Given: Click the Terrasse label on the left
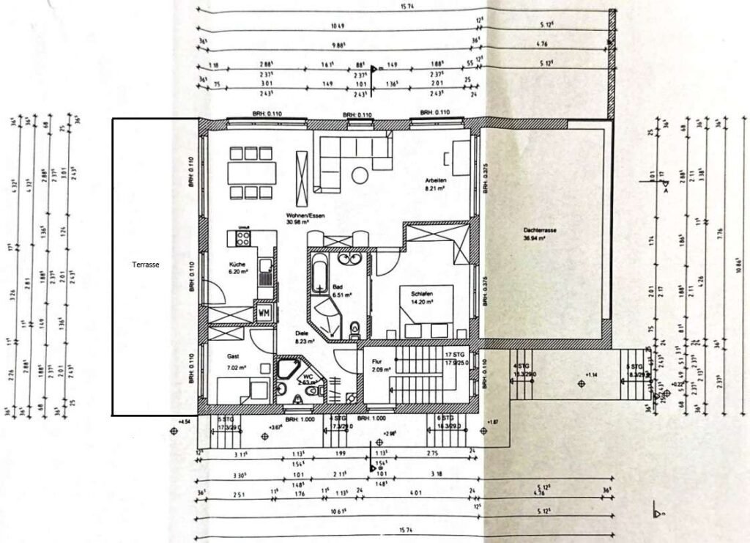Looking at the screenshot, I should [146, 265].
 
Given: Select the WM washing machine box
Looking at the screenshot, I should [263, 314].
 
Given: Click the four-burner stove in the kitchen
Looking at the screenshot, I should [242, 238].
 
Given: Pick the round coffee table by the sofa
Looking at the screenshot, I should [361, 175].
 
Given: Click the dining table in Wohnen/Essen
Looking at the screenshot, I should [252, 173].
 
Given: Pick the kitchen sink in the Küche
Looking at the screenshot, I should [269, 273].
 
